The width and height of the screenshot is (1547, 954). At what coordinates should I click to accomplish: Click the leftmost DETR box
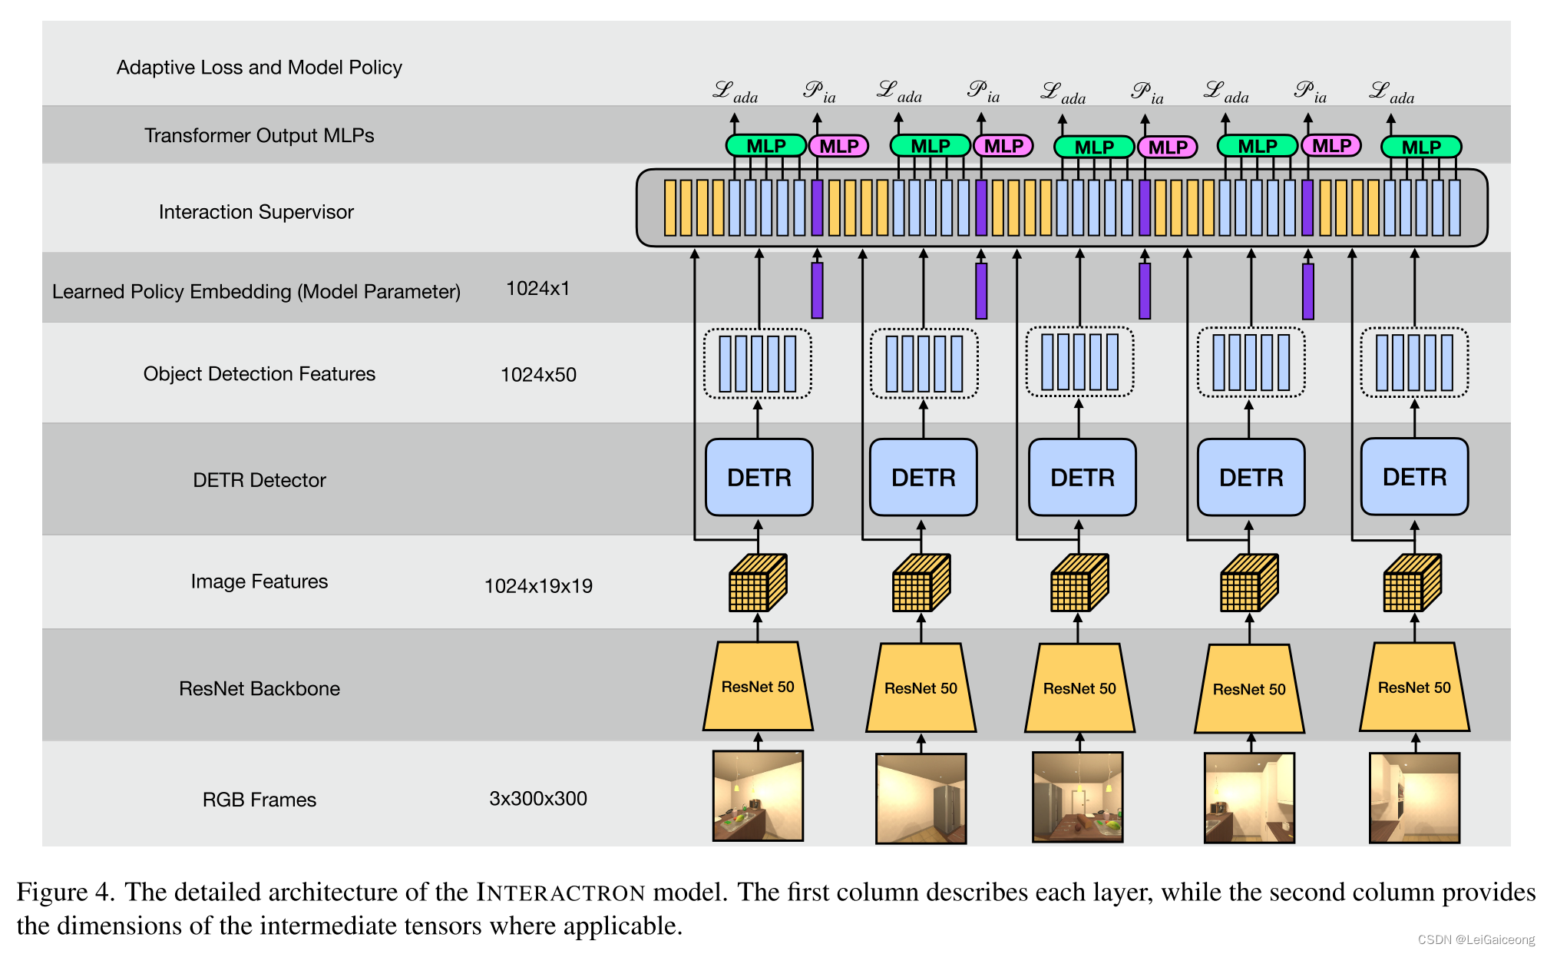(759, 477)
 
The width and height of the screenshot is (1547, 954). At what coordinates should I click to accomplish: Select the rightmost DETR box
(1414, 477)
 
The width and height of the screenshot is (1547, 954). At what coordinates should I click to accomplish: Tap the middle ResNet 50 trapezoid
(1079, 687)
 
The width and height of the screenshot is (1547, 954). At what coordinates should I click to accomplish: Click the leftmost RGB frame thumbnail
(758, 796)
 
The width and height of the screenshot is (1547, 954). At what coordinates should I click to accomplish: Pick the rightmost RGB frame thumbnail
(1414, 797)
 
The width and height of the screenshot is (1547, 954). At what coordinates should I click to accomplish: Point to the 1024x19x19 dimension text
(538, 586)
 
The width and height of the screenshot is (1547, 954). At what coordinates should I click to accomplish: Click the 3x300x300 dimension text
(537, 799)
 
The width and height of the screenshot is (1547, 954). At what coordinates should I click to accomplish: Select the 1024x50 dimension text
(538, 375)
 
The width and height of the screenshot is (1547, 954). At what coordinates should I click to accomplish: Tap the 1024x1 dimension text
(537, 289)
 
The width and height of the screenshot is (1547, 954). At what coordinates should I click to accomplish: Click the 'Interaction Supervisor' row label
(256, 212)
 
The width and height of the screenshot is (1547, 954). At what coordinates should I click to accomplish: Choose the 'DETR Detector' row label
(259, 480)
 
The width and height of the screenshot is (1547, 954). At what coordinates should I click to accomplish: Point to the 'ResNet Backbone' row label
(259, 688)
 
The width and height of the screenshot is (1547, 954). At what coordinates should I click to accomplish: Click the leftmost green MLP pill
(765, 146)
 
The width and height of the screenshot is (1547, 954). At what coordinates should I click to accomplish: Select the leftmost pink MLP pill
(838, 146)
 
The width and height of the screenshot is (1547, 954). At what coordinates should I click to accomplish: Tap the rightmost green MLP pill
(1420, 147)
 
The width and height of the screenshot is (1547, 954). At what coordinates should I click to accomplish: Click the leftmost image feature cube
(757, 583)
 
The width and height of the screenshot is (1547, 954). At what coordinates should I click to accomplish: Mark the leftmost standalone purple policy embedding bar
(817, 290)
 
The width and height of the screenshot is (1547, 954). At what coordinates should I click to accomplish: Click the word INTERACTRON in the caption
(560, 893)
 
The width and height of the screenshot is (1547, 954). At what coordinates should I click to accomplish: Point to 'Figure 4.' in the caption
(65, 893)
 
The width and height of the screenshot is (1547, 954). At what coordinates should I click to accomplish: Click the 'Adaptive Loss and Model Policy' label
(259, 68)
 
